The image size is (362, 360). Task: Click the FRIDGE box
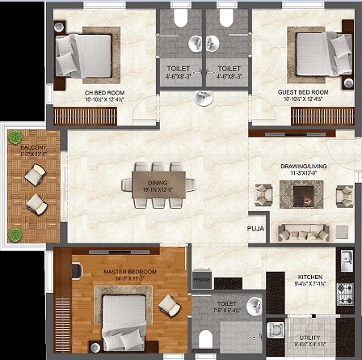[200, 280]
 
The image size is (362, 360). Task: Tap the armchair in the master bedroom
[170, 305]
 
